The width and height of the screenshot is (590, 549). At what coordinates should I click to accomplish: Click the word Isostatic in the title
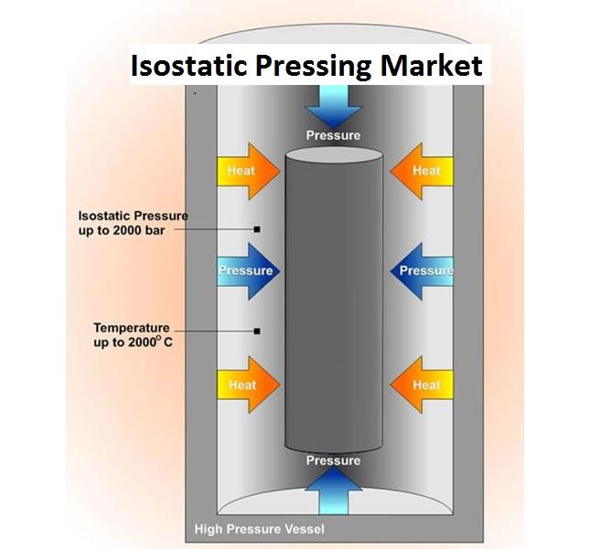coord(188,66)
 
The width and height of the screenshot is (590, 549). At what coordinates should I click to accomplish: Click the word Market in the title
coord(431,66)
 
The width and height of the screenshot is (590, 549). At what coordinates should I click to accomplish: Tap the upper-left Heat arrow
coord(249,172)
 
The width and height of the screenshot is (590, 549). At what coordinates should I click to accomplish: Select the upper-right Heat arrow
coord(422,172)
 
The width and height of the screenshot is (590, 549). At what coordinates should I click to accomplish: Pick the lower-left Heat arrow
coord(249,385)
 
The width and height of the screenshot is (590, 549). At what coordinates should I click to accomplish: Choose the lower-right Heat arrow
coord(422,385)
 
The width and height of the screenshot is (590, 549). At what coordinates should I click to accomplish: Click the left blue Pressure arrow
coord(249,271)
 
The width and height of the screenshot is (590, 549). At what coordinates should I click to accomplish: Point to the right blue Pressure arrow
coord(422,271)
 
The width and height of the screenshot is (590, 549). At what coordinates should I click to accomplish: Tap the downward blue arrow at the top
coord(333,107)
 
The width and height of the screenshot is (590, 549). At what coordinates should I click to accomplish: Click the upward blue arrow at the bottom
coord(333,491)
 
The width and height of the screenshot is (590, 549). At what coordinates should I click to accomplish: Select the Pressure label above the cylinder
coord(333,135)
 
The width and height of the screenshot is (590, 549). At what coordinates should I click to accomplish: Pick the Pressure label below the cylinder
coord(333,460)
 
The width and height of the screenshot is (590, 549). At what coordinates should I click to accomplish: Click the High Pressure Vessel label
coord(259,529)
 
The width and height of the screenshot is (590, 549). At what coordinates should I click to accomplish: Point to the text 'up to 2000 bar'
coord(122,230)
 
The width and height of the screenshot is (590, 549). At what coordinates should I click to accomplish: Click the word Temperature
coord(132,328)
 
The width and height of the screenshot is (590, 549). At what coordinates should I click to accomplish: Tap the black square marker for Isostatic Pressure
coord(257,229)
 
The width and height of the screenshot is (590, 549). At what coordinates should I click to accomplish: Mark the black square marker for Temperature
coord(257,332)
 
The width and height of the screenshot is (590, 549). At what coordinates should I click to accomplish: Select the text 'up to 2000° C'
coord(134,343)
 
